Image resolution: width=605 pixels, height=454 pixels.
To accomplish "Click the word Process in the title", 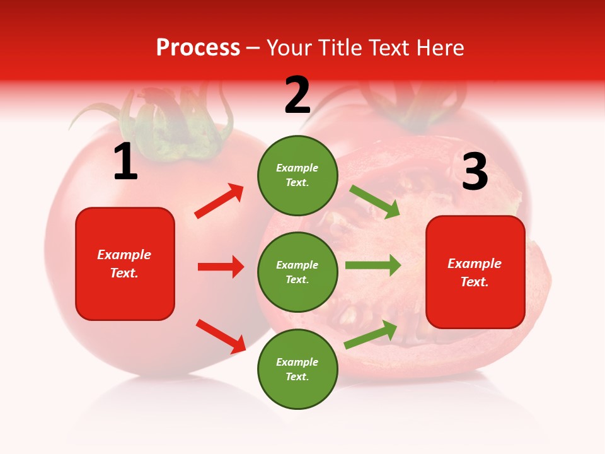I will (x=198, y=47).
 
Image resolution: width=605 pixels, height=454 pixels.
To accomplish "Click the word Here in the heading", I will (x=439, y=47).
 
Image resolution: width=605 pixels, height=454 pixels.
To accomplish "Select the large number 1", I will (x=125, y=161).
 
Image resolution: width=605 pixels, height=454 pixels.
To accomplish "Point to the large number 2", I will (x=297, y=95).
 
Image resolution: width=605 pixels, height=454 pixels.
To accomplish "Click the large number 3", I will (x=475, y=172).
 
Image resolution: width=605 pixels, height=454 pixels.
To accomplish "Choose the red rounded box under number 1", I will (x=125, y=264).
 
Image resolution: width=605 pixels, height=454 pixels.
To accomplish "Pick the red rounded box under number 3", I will (x=475, y=272).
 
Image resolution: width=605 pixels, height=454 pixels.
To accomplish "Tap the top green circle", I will (x=297, y=175).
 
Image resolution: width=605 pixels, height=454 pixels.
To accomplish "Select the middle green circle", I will (x=297, y=272).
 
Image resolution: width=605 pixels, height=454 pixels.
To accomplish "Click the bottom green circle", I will (x=297, y=369).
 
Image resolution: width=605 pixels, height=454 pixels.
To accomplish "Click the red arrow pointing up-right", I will (x=219, y=201).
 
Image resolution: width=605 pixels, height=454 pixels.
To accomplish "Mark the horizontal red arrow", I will (x=221, y=267).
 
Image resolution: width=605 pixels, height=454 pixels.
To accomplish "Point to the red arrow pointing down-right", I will (x=221, y=336).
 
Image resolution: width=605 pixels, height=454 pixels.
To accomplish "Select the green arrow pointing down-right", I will (x=375, y=201).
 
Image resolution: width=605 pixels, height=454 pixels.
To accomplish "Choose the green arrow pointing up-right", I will (x=371, y=334).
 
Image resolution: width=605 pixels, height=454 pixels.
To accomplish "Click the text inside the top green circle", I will (x=297, y=175).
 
